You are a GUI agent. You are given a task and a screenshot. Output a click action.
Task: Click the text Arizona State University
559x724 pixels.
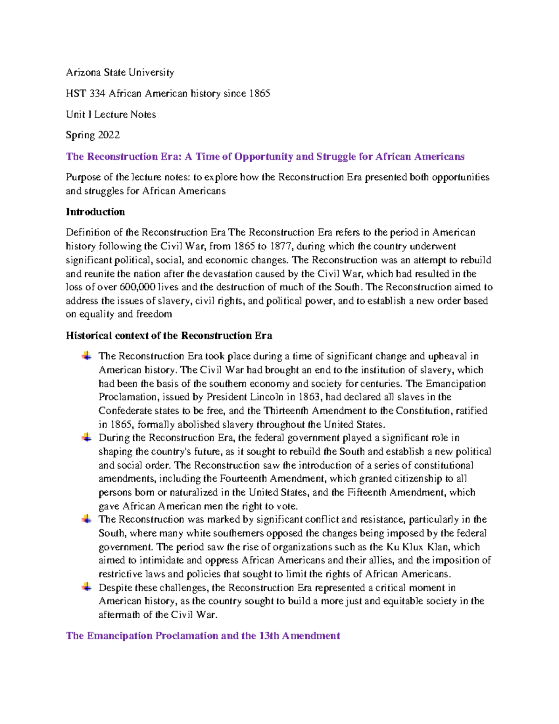(120, 72)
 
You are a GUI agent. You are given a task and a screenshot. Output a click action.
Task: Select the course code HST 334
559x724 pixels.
(85, 93)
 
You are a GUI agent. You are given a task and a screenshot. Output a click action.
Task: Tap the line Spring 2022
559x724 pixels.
(93, 135)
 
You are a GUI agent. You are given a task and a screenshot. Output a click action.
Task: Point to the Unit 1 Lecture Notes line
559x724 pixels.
(111, 114)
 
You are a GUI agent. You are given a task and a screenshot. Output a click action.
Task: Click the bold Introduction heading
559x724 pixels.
(95, 212)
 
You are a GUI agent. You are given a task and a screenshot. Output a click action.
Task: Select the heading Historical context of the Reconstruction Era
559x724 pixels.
(169, 335)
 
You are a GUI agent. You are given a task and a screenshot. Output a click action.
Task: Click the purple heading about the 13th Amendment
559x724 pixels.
(203, 635)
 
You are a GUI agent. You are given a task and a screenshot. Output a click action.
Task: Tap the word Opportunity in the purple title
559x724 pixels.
(264, 156)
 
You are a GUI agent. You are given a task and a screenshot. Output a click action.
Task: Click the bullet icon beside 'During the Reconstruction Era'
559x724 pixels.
(87, 437)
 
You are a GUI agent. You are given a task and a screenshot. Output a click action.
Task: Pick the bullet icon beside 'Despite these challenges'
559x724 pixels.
(87, 587)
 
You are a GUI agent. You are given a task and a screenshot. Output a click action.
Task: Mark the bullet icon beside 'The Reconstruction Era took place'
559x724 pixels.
(87, 356)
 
